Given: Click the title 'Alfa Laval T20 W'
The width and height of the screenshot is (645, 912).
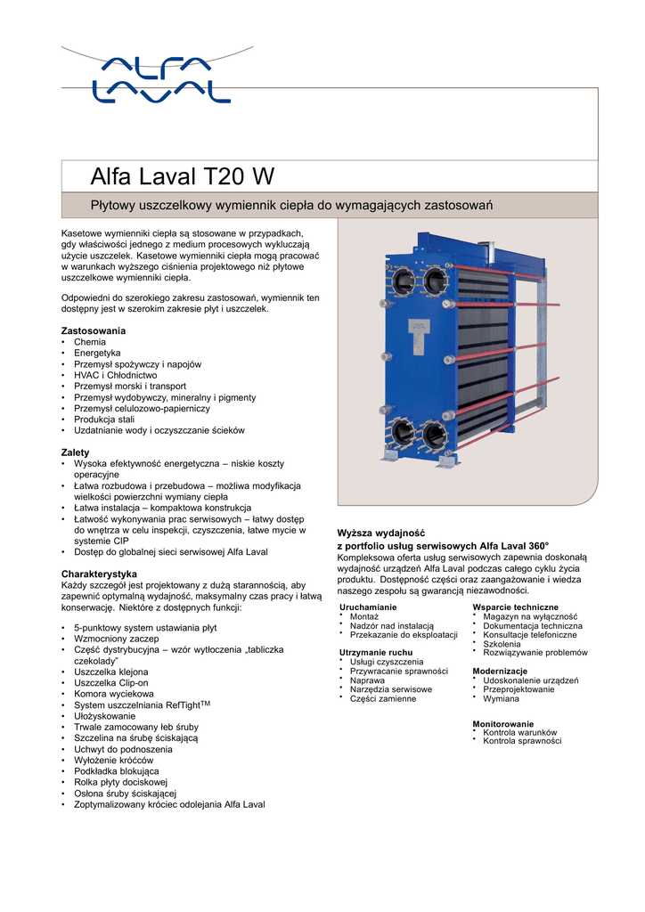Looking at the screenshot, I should pyautogui.click(x=182, y=175).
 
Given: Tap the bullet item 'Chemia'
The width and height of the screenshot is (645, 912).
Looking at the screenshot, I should pyautogui.click(x=89, y=342).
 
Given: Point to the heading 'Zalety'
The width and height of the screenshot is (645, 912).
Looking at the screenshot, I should pyautogui.click(x=75, y=452).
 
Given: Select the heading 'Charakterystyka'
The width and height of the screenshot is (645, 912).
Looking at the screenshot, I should pyautogui.click(x=98, y=573).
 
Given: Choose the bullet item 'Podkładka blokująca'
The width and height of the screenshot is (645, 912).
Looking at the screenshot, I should pyautogui.click(x=117, y=771).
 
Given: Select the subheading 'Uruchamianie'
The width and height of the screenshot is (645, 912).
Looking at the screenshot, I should pyautogui.click(x=368, y=607).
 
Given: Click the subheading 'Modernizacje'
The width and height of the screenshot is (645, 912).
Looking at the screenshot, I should pyautogui.click(x=500, y=671).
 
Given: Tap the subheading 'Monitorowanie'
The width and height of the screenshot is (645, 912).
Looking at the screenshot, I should pyautogui.click(x=503, y=724).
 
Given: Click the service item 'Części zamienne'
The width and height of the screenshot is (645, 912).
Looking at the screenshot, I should pyautogui.click(x=383, y=699).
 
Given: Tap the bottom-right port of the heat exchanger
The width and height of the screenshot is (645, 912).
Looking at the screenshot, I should pyautogui.click(x=435, y=436).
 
